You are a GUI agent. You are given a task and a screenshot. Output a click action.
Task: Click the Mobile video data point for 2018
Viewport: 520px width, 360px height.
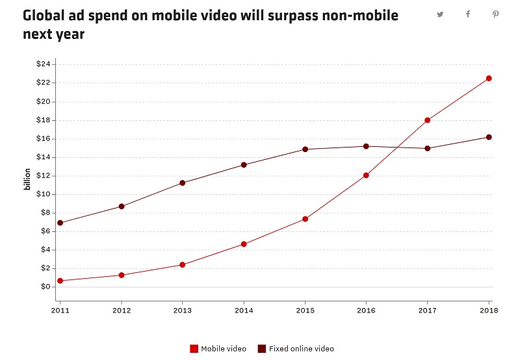click(x=489, y=79)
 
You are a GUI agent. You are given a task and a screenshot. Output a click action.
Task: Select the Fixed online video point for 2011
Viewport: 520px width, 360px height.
click(x=60, y=223)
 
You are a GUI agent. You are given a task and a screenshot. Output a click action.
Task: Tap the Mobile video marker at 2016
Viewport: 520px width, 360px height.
click(x=366, y=175)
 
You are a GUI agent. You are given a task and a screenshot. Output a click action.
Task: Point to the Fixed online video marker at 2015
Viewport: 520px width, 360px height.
click(x=305, y=149)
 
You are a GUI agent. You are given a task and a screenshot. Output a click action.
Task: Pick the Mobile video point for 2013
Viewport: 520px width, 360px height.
click(x=183, y=264)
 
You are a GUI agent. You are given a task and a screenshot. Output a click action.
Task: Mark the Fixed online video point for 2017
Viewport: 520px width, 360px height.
click(x=427, y=148)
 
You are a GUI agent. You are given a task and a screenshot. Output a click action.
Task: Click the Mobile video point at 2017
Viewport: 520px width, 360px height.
click(x=427, y=120)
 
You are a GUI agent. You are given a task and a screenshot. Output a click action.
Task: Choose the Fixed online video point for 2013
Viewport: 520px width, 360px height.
click(x=183, y=183)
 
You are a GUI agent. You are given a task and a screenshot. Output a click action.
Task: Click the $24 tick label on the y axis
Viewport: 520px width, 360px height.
click(x=44, y=64)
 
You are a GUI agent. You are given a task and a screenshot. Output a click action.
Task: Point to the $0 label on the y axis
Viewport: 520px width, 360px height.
click(x=45, y=287)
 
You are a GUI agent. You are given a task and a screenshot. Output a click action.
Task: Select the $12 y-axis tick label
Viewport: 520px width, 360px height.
click(x=44, y=175)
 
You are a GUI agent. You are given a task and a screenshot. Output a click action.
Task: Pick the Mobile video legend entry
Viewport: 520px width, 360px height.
click(x=218, y=349)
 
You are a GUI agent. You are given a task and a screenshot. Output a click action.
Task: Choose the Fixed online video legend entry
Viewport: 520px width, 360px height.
click(x=296, y=349)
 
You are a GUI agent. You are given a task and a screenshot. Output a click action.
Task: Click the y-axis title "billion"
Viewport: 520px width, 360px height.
click(x=27, y=179)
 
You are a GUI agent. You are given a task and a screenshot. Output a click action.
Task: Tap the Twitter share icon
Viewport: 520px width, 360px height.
click(x=440, y=14)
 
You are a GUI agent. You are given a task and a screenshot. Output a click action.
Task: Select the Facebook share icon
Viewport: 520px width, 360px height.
click(x=468, y=14)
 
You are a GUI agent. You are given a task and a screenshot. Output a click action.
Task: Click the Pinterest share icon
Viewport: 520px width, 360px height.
click(x=495, y=14)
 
